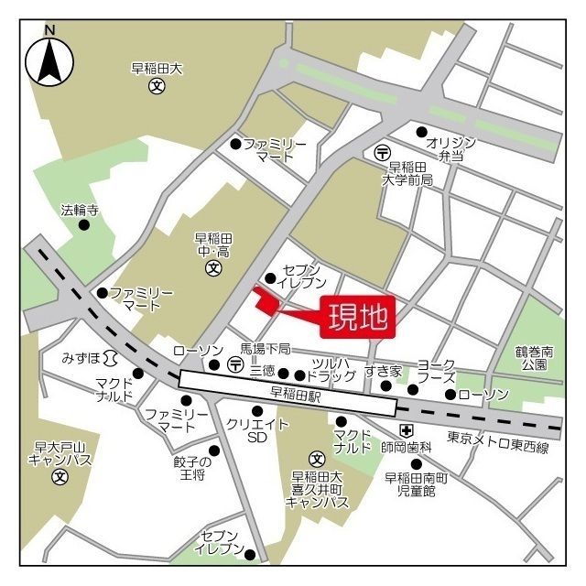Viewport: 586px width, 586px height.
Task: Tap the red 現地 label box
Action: point(358,318)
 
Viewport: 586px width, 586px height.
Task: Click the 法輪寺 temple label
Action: point(80,210)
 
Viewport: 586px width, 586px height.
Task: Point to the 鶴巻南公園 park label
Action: point(535,357)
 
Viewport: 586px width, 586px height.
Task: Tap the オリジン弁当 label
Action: point(451,148)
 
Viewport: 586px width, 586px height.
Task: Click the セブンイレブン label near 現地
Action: point(301,277)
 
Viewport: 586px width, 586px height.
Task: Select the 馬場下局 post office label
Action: point(266,349)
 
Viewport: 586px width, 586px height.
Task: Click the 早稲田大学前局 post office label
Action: point(407,174)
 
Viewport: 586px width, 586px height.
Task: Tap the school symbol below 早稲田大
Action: point(157,86)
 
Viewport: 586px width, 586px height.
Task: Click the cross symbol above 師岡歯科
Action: point(406,430)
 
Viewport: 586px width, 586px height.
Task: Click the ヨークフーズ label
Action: point(437,370)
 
